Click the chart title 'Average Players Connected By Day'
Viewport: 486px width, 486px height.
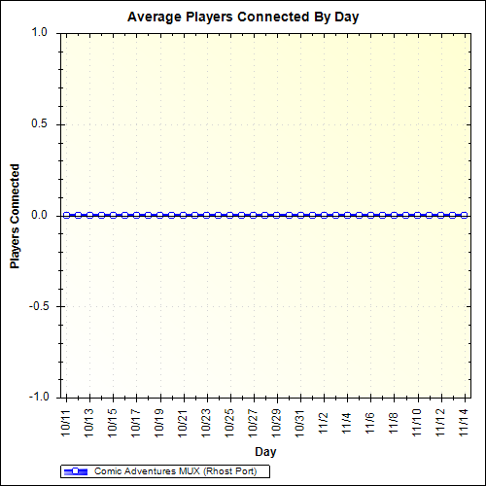[x=242, y=17]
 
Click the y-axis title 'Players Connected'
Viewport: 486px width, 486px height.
[x=15, y=215]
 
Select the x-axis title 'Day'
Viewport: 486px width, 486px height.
[x=265, y=452]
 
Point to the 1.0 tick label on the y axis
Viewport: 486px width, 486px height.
[x=40, y=32]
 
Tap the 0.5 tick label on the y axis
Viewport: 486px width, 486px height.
[x=40, y=123]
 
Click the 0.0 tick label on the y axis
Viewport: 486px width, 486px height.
[x=40, y=215]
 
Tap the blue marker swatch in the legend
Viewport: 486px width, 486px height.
[x=76, y=471]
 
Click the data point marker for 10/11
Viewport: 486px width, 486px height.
[x=66, y=215]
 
